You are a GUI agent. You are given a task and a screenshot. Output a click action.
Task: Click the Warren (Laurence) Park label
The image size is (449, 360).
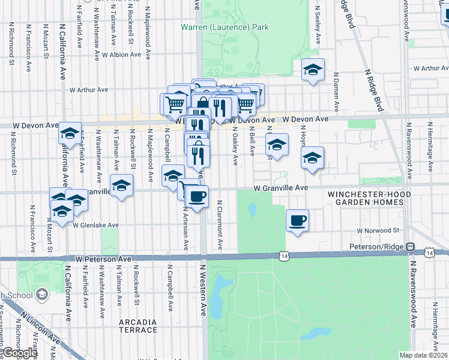tap(224, 27)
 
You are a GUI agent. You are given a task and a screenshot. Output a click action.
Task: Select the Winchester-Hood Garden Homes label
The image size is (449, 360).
tap(369, 199)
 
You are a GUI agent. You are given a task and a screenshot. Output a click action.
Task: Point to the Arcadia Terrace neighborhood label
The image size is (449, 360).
tap(138, 326)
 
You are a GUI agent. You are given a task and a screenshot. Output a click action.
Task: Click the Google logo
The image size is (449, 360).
tap(20, 353)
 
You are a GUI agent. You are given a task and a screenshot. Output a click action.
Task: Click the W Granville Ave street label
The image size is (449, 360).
tap(280, 188)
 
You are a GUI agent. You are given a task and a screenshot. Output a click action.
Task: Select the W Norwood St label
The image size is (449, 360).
tap(378, 230)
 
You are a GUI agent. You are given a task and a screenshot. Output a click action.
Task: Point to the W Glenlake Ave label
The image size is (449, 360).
tap(96, 226)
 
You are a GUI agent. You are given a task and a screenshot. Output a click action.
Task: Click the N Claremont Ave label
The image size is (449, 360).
tap(220, 224)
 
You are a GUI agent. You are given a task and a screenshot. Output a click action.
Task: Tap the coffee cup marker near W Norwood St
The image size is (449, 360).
tap(297, 221)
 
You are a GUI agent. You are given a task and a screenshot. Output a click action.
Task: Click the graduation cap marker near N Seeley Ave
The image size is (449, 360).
tap(313, 70)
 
